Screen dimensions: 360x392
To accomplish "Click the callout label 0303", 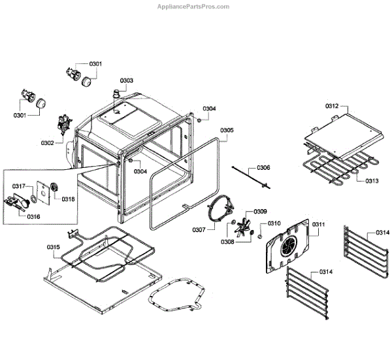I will point(126,80).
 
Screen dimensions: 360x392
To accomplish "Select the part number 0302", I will point(48,142).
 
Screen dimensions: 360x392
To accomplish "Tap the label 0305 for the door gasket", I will point(226,130).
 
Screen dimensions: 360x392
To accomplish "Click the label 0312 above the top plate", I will point(333,105).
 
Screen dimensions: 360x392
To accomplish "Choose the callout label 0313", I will point(372,181).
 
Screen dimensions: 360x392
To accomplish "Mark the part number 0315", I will point(54,246).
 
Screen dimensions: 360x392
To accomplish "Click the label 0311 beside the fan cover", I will point(319,224).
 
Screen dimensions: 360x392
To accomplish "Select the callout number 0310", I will point(275,223).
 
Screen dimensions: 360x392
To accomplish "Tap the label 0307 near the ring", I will point(199,229).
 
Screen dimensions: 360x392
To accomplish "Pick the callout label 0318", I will point(69,199).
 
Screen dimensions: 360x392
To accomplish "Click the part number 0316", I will point(34,216).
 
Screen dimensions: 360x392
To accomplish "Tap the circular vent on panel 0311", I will point(287,246).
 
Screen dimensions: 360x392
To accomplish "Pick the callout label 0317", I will point(19,186).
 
